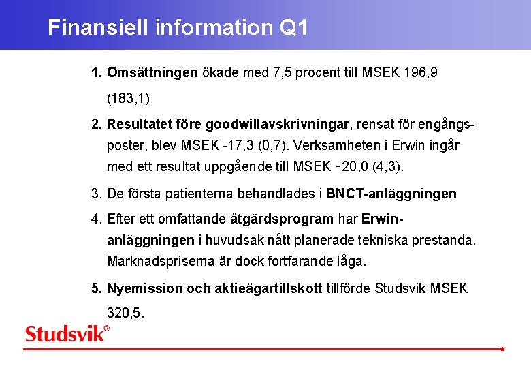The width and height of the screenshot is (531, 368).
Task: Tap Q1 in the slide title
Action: [x=293, y=28]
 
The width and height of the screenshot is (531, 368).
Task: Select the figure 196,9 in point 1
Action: [x=418, y=72]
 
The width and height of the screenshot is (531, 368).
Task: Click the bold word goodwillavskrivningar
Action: [x=277, y=125]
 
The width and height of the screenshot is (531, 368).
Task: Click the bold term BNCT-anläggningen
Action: [x=391, y=194]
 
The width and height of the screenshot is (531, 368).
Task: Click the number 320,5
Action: [x=126, y=313]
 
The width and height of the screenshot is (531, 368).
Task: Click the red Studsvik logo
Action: [x=66, y=334]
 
